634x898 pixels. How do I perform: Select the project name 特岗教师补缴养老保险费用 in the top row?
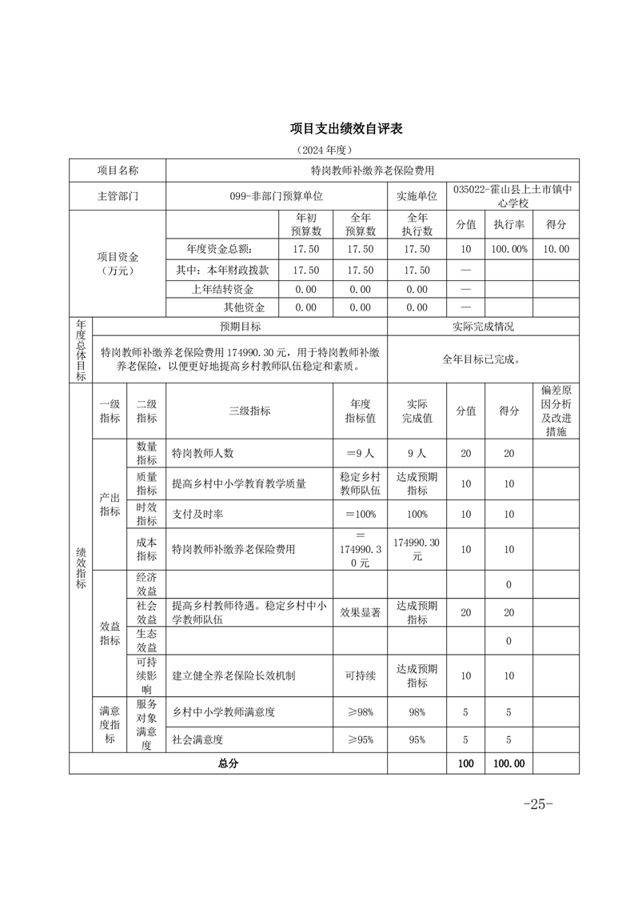(372, 170)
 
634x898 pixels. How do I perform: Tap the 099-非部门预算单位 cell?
(276, 196)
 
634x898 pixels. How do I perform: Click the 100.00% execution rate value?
(509, 249)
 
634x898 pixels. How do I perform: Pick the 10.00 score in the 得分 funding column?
(556, 249)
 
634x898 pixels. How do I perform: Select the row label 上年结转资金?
(223, 289)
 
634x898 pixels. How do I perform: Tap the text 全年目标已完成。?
(482, 359)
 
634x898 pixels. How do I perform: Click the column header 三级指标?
(249, 411)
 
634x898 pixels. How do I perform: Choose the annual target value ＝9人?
(360, 453)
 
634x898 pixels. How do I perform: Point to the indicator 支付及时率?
(197, 514)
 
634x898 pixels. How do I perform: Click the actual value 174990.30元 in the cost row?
(417, 549)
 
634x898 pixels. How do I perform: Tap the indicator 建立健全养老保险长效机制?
(234, 676)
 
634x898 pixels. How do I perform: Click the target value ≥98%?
(360, 712)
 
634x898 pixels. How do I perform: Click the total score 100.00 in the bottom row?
(509, 764)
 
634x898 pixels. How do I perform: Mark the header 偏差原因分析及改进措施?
(556, 411)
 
